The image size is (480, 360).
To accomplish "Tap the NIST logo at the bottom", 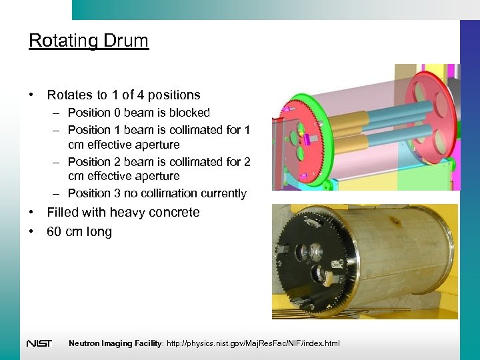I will [39, 343].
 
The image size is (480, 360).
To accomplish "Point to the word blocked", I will [190, 113].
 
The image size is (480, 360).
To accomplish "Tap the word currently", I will [223, 193].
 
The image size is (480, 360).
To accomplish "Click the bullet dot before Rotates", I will [32, 95].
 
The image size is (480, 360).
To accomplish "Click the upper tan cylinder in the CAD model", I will [347, 123].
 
